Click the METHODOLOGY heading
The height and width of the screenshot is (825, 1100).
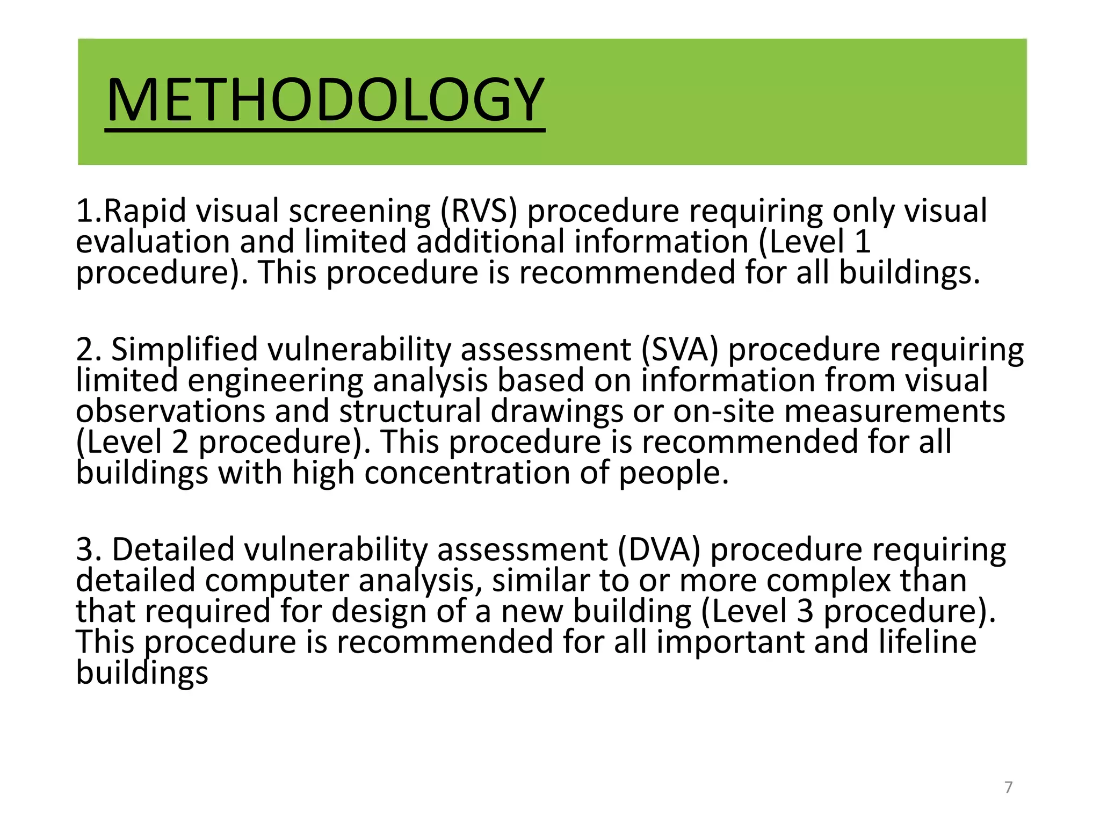[x=325, y=100]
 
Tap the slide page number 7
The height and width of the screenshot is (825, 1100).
[x=1008, y=787]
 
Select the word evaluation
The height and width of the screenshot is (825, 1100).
[x=153, y=242]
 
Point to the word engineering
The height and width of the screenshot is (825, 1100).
[x=275, y=381]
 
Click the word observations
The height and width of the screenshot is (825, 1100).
[x=170, y=411]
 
